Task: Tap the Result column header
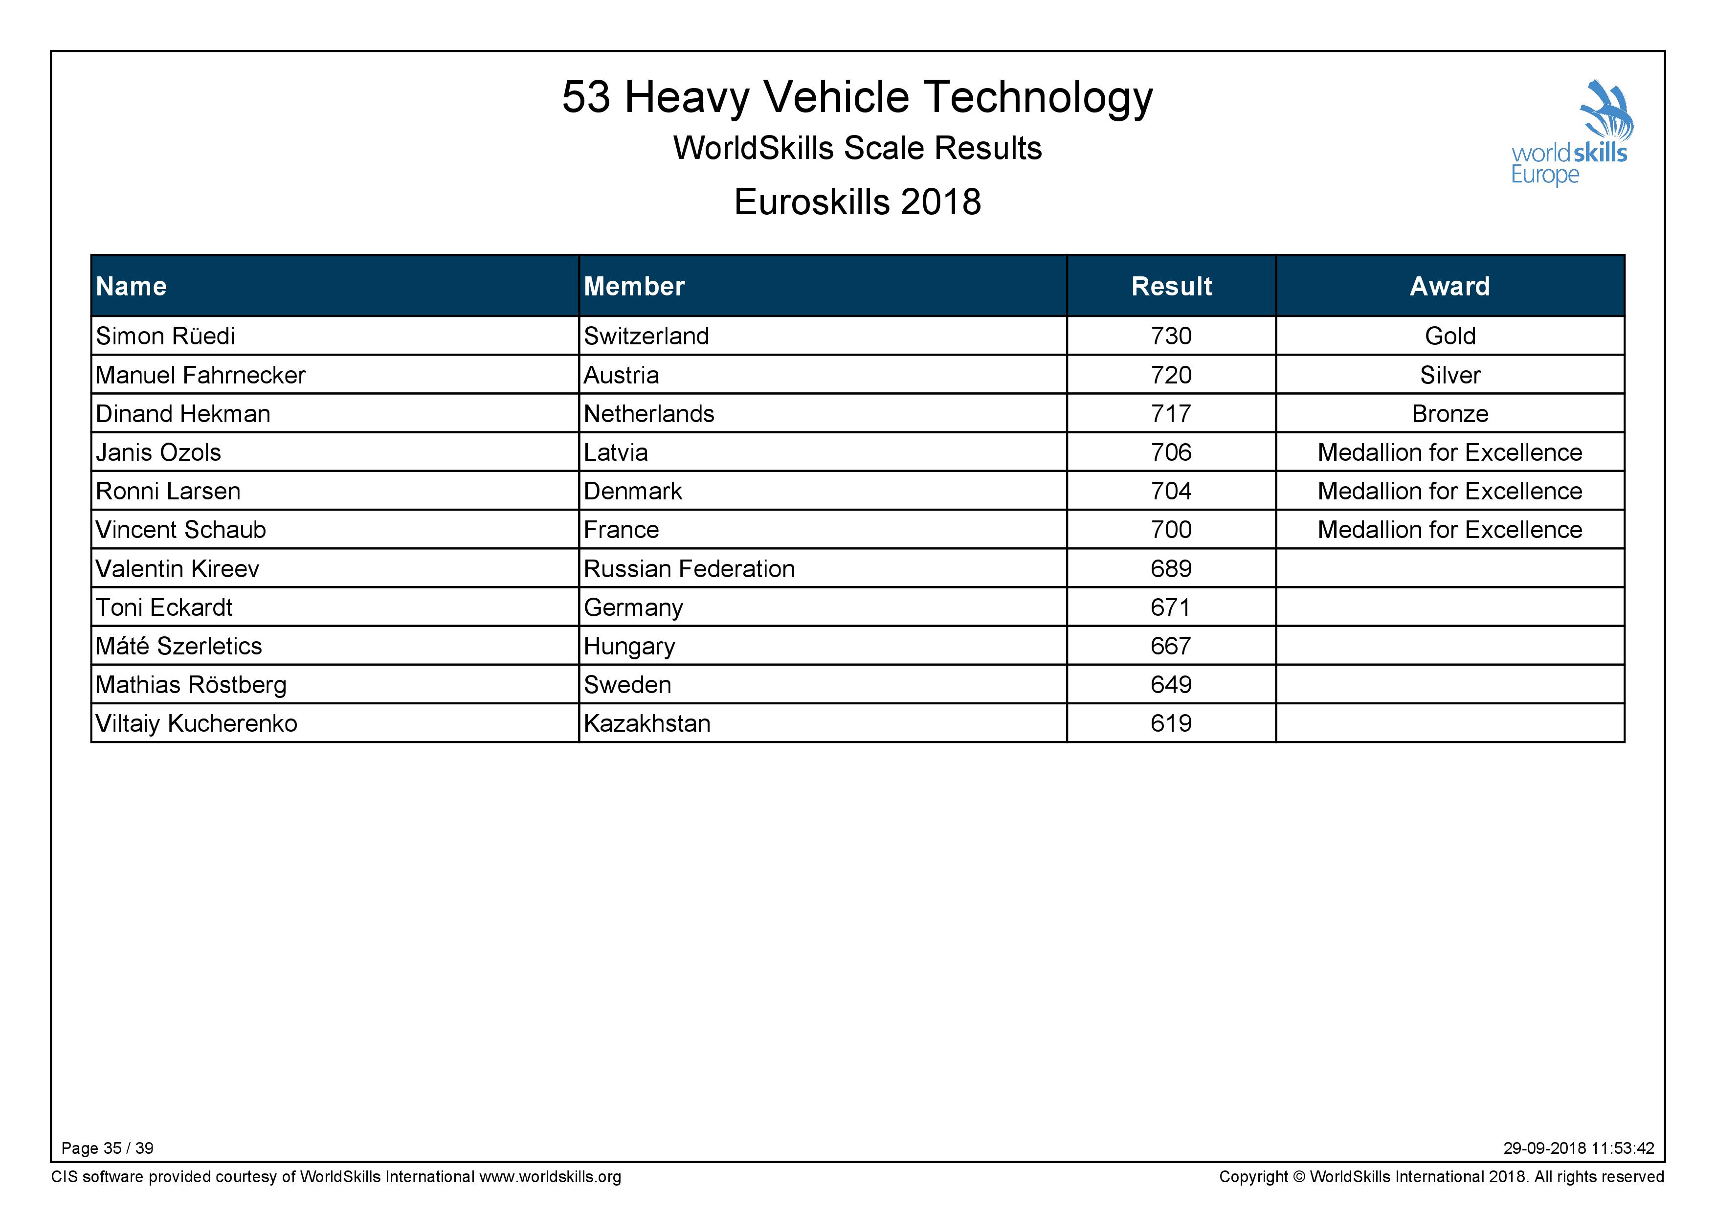point(1171,286)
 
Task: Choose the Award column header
point(1450,286)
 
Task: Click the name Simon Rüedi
point(165,336)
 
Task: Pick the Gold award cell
point(1450,336)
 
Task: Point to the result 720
point(1171,375)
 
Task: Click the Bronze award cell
point(1450,413)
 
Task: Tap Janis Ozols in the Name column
point(158,452)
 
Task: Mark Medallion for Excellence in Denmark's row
point(1450,491)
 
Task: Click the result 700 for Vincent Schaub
point(1171,529)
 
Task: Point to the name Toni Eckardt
point(164,607)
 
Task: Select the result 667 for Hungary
point(1171,646)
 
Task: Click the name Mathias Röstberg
point(191,685)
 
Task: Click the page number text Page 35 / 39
point(108,1148)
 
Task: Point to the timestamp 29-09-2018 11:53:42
point(1579,1148)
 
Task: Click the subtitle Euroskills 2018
point(857,202)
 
